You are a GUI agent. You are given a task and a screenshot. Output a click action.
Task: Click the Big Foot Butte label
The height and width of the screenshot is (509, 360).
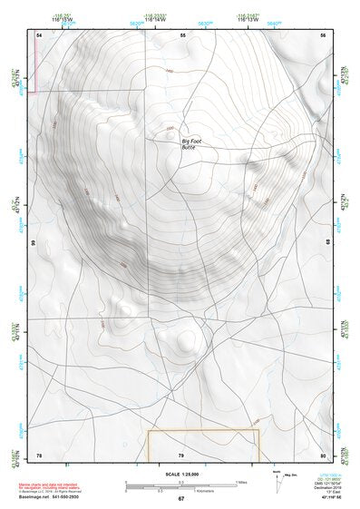193,145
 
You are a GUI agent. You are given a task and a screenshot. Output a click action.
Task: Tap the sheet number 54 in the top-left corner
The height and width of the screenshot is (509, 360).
39,34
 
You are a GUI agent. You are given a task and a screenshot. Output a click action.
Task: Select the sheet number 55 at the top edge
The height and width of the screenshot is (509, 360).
182,34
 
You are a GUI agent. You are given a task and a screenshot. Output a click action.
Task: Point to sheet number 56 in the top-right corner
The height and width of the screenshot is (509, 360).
322,34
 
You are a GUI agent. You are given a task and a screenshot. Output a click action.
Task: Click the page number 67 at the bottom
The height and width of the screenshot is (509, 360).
181,499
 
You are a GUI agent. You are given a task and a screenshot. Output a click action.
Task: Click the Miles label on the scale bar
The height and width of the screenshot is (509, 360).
242,482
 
